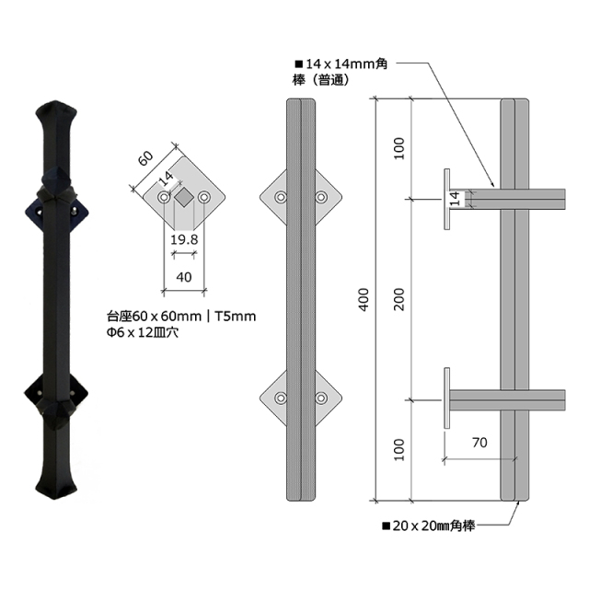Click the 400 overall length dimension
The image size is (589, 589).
tap(364, 300)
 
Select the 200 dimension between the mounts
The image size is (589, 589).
tap(398, 300)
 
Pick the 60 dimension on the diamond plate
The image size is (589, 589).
tap(145, 157)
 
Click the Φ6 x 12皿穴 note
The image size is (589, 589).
tap(143, 333)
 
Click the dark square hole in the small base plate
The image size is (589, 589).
tap(184, 198)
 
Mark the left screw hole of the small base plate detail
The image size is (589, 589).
tap(164, 198)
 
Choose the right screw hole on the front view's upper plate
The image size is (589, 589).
tap(322, 197)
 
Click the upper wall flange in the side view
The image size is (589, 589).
tap(446, 199)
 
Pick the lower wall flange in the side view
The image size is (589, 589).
tap(446, 398)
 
